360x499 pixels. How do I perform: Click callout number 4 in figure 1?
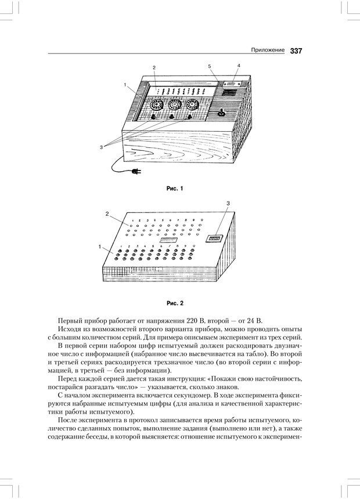[x=238, y=66]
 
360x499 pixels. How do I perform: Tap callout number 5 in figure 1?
[x=210, y=68]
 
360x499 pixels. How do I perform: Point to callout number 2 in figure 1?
[x=154, y=68]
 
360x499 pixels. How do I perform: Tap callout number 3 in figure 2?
[x=228, y=203]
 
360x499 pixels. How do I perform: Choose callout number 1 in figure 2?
[x=100, y=247]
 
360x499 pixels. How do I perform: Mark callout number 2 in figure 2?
[x=107, y=214]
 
